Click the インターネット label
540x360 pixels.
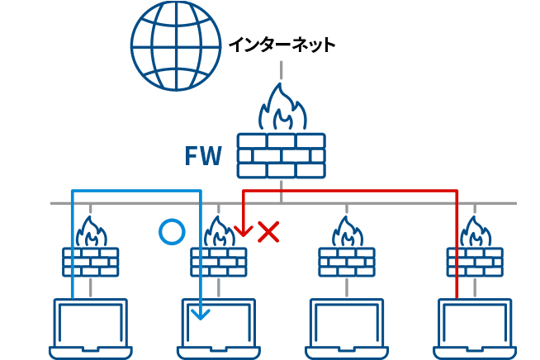pyautogui.click(x=282, y=45)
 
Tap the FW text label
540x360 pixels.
pyautogui.click(x=202, y=156)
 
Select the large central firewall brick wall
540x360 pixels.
pyautogui.click(x=281, y=155)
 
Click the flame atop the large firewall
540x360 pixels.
pyautogui.click(x=282, y=109)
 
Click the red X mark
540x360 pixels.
pyautogui.click(x=268, y=232)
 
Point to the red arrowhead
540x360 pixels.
pyautogui.click(x=243, y=230)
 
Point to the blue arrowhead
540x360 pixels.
pyautogui.click(x=201, y=313)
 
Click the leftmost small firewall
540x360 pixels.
pyautogui.click(x=91, y=260)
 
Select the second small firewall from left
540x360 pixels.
pyautogui.click(x=219, y=260)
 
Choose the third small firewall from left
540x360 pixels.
pyautogui.click(x=347, y=260)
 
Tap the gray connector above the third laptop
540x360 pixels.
pyautogui.click(x=347, y=287)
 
